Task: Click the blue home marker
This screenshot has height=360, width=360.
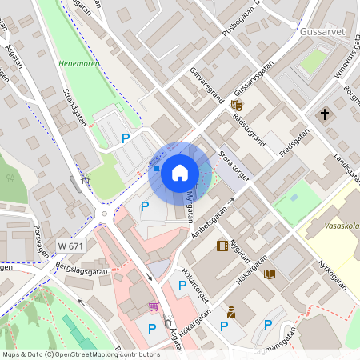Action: [x=180, y=173]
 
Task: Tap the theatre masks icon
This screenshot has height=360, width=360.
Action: [x=237, y=105]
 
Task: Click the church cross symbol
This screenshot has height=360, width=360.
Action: [x=326, y=114]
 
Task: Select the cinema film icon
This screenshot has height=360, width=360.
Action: [x=222, y=246]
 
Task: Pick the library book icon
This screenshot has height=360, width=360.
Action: [x=270, y=274]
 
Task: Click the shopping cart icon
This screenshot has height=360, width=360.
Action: [x=153, y=306]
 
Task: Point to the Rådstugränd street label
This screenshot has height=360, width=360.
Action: [x=250, y=128]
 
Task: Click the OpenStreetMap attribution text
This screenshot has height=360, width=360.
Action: [x=81, y=354]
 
